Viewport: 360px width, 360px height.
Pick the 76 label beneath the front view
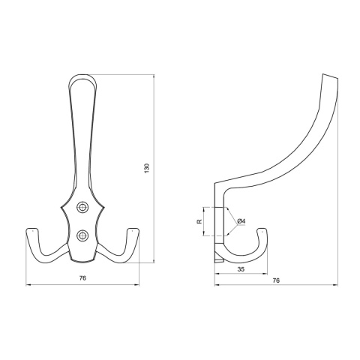[x=83, y=278]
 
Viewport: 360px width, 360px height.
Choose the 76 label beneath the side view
[x=275, y=281]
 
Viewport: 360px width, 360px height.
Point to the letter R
[x=199, y=221]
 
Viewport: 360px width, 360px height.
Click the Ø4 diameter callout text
[x=241, y=220]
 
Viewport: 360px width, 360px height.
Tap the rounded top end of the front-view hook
[x=83, y=76]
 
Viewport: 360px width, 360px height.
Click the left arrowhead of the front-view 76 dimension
[x=28, y=285]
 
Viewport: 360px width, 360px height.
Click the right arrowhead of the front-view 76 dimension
[x=138, y=285]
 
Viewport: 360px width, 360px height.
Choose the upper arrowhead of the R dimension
[x=205, y=208]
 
